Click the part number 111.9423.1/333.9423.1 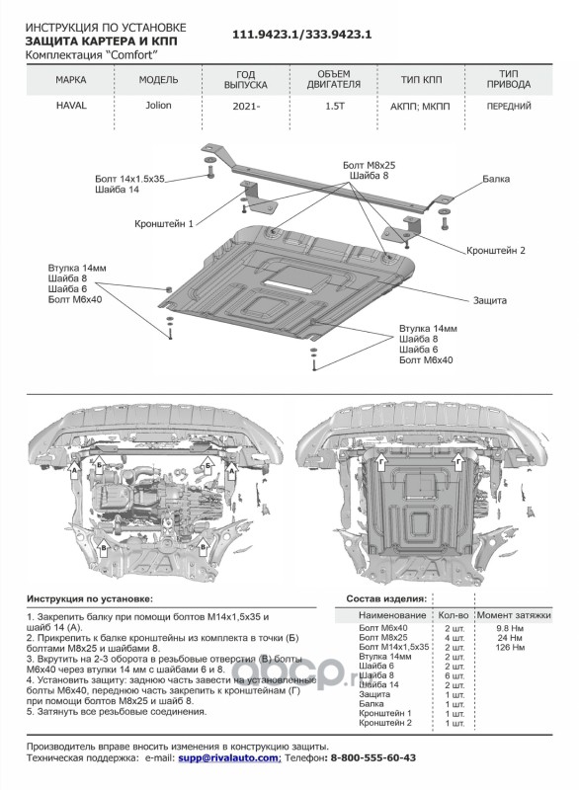[301, 35]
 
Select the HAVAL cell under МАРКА [71, 106]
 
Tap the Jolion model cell [158, 106]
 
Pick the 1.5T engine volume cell [335, 107]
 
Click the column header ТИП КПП [421, 80]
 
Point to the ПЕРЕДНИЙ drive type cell [509, 107]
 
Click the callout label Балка [496, 179]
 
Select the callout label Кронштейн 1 [164, 224]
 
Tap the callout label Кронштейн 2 [496, 251]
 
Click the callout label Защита [490, 301]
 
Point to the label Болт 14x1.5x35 [130, 179]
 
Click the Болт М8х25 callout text [369, 165]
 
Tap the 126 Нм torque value [511, 648]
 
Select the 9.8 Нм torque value [511, 628]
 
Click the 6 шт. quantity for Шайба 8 [455, 675]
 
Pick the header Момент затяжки [514, 615]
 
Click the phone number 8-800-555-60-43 [372, 757]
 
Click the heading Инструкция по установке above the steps [90, 599]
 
